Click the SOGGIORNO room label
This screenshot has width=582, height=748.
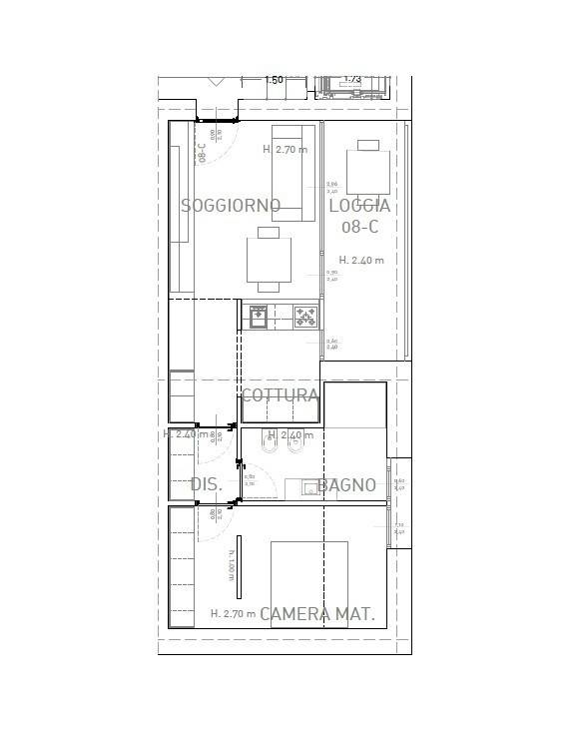(x=231, y=206)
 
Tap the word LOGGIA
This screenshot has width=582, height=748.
(x=359, y=206)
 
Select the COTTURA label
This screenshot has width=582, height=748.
(x=281, y=396)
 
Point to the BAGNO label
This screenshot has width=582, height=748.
(x=347, y=485)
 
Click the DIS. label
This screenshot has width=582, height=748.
(x=205, y=485)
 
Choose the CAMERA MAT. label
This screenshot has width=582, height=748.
(x=317, y=615)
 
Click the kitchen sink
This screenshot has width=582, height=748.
(x=258, y=317)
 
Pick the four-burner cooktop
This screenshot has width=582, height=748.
(x=304, y=317)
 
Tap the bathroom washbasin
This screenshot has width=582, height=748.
(x=297, y=488)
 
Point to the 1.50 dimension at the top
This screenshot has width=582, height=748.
(x=274, y=80)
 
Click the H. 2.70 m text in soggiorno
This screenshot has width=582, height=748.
(x=286, y=150)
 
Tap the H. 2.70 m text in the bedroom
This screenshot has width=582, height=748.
(x=233, y=614)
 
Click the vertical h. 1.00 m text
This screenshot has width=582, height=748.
(x=230, y=566)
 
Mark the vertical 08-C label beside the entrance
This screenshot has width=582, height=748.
(x=202, y=153)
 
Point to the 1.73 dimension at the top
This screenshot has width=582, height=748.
(x=352, y=79)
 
